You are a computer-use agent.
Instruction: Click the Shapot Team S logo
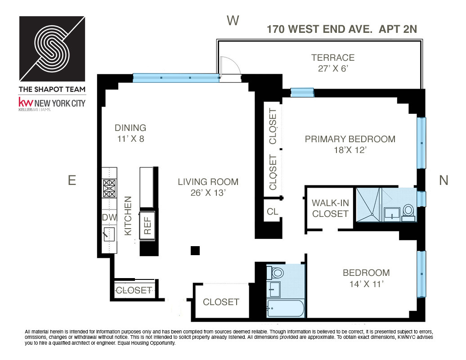(52, 48)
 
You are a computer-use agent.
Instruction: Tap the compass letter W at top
(232, 21)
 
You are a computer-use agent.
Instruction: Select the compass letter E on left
(72, 180)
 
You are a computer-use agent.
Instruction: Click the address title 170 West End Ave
(342, 29)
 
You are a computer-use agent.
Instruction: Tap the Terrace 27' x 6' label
(333, 63)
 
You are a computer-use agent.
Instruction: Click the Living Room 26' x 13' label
(208, 187)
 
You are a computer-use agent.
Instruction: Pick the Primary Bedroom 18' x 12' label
(350, 144)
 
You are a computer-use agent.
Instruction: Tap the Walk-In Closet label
(331, 208)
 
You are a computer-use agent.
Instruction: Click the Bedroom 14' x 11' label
(366, 278)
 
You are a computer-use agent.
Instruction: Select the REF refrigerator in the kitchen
(148, 225)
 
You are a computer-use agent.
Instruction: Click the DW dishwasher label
(109, 217)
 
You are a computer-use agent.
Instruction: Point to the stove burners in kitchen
(109, 189)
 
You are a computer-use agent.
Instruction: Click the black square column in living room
(195, 251)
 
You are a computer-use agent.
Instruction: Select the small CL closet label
(273, 211)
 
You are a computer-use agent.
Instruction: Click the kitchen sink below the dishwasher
(109, 234)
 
